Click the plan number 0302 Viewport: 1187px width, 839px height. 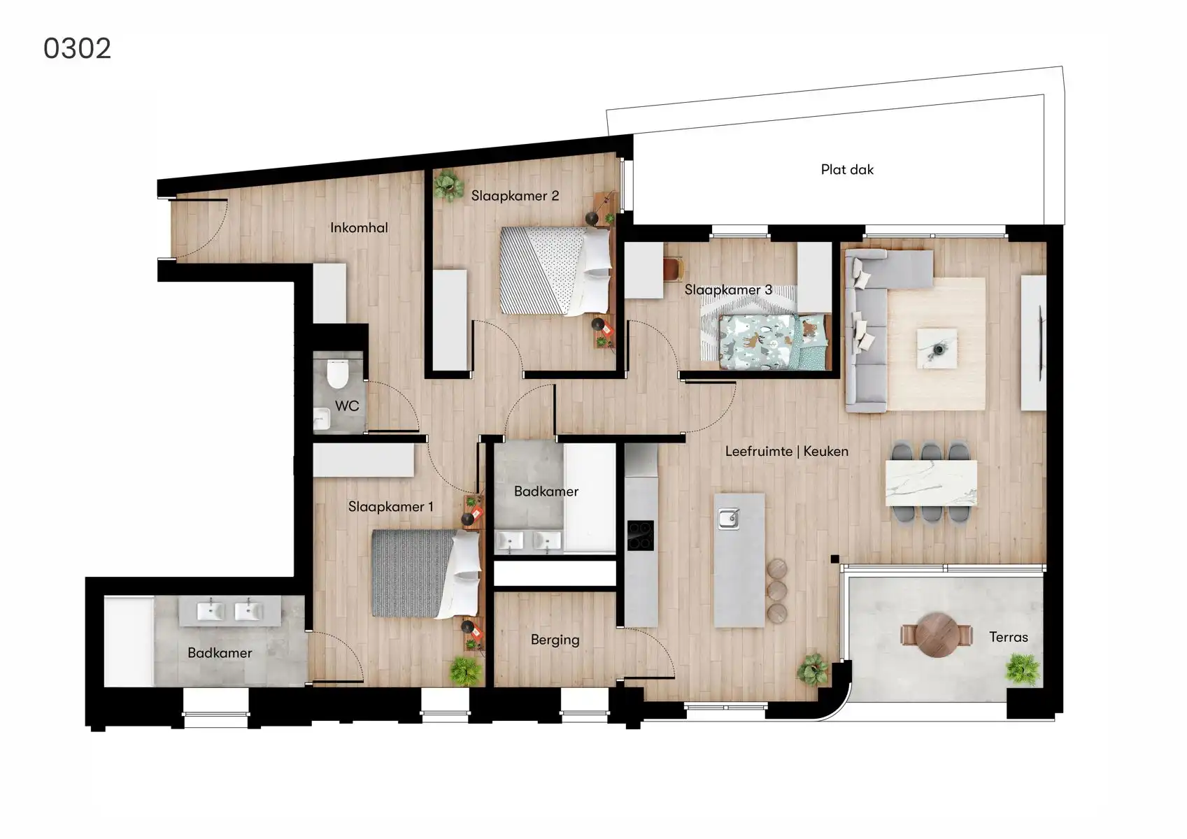click(77, 48)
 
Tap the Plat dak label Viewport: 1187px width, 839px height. click(846, 169)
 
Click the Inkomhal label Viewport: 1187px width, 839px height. click(359, 227)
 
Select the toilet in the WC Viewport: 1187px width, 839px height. click(337, 373)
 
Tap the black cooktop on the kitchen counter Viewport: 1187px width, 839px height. click(640, 536)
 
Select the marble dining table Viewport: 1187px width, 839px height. click(931, 482)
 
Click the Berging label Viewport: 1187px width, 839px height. click(555, 640)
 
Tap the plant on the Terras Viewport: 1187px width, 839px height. click(1022, 668)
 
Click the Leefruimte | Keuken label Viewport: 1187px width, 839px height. click(786, 451)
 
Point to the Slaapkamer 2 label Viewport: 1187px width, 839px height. click(515, 196)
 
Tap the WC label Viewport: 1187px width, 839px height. click(347, 406)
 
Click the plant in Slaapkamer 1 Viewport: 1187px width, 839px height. click(465, 671)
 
